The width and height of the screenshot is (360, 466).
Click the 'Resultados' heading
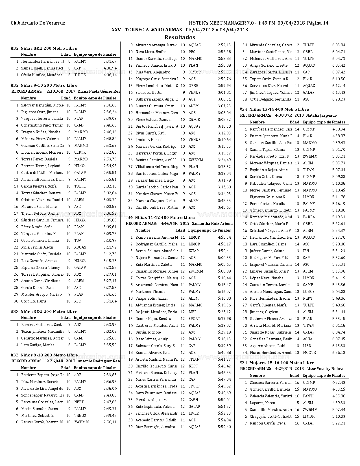180,37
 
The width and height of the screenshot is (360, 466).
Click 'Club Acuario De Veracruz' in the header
38,23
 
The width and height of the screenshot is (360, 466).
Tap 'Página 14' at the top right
318,23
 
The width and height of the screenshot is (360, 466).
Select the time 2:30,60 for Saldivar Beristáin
110,105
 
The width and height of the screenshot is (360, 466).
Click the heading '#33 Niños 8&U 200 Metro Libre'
44,312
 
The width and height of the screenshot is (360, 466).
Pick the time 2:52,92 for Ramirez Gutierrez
110,325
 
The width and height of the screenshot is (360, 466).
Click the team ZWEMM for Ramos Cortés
81,422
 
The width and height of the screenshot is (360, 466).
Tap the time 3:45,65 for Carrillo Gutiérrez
224,207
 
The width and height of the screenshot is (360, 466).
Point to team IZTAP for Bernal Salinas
193,251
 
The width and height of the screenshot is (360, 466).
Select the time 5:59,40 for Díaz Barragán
224,427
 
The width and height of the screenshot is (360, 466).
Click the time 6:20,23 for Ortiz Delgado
339,99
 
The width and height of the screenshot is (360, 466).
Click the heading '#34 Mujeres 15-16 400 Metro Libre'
277,363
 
